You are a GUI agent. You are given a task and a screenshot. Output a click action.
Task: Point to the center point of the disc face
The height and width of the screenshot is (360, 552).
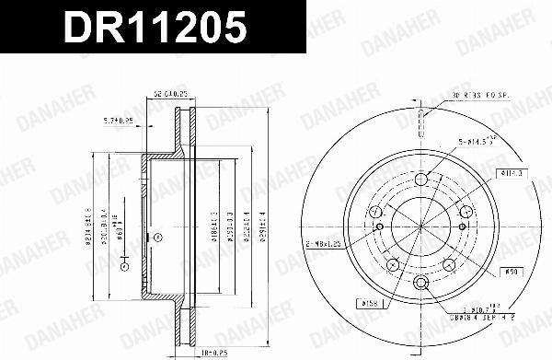(420, 230)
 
